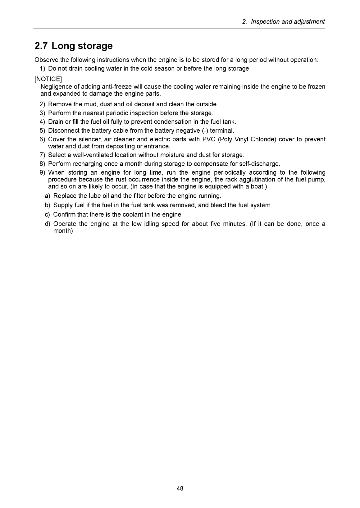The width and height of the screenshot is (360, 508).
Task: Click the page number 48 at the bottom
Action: [x=180, y=488]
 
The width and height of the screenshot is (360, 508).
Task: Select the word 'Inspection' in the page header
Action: [x=265, y=22]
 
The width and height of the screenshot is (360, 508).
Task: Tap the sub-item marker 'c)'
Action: [x=48, y=214]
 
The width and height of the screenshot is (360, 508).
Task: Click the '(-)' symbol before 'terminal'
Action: [x=205, y=130]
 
